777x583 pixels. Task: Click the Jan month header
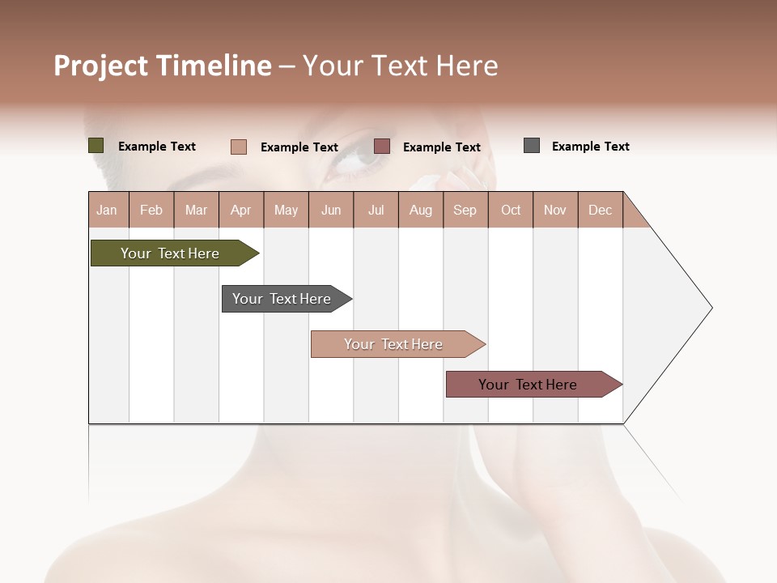[108, 210]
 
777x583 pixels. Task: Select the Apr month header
[241, 210]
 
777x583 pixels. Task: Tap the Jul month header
[376, 210]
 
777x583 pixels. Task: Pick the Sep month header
[465, 210]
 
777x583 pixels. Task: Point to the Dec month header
[600, 210]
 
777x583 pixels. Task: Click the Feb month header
[151, 210]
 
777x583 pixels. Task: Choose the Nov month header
[555, 210]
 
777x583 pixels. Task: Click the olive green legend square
[96, 146]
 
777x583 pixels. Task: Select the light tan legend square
[239, 147]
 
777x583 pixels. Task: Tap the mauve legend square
[382, 147]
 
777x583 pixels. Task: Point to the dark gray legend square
[532, 146]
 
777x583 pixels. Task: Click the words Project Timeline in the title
[162, 66]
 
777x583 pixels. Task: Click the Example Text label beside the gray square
[590, 147]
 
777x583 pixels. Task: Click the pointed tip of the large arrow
[710, 308]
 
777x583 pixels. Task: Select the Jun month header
[331, 210]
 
